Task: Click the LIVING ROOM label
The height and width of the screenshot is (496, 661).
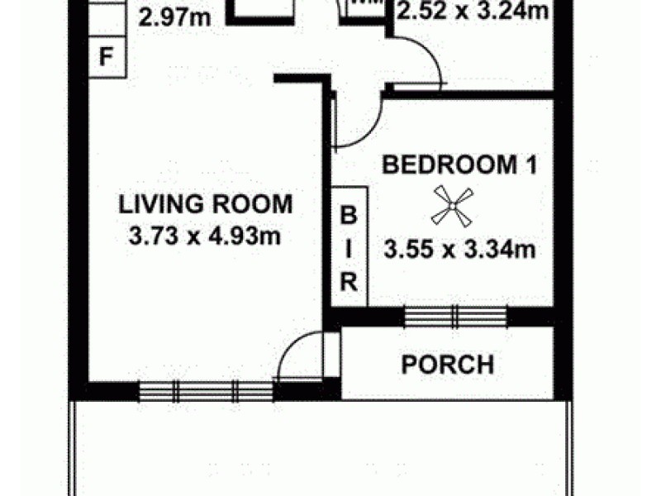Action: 205,203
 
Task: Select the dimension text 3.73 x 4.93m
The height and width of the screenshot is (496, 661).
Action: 205,236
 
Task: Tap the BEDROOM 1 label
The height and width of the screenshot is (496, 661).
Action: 459,165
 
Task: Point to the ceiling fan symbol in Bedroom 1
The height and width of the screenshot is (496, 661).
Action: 453,206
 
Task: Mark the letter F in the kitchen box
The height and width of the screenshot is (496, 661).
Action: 105,58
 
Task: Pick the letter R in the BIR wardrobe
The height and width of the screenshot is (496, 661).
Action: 349,282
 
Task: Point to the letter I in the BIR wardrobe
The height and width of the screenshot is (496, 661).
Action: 349,249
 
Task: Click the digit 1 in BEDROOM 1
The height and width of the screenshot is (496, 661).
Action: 531,165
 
